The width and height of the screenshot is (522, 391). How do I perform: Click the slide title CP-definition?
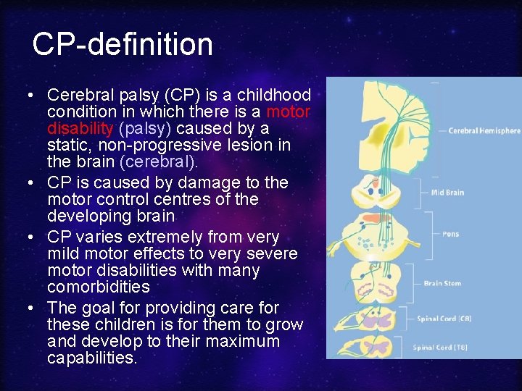coord(123,45)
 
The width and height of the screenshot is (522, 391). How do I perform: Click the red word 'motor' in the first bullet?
coord(289,112)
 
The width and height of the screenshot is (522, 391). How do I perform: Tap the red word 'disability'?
coord(80,129)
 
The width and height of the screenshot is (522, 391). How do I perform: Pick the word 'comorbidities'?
coord(99,287)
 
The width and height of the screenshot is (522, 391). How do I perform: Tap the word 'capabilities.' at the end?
coord(91,358)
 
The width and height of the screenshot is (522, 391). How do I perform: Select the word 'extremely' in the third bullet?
coord(161,237)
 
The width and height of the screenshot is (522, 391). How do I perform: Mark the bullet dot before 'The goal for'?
coord(30,307)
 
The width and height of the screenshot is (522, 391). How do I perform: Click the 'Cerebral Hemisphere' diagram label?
coord(484,131)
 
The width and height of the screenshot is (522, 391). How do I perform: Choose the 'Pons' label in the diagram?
coord(450,234)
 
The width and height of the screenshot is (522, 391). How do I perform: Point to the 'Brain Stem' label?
coord(442,283)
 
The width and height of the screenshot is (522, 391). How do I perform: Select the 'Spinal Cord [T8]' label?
coord(440,347)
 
